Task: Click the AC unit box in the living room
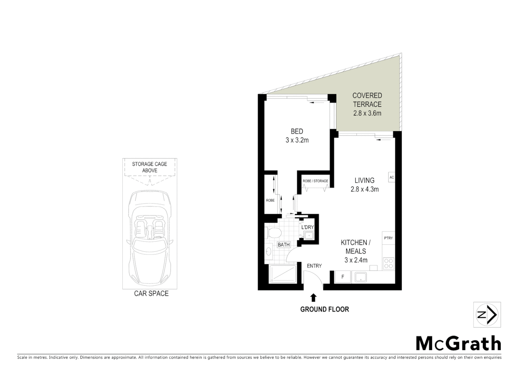coord(392,177)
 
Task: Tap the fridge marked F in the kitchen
coord(343,277)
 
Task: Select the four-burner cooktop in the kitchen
coord(388,263)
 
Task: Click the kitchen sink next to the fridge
coord(360,277)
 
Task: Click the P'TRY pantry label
coord(388,238)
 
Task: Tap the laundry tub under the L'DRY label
coord(309,235)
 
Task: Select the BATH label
coord(284,245)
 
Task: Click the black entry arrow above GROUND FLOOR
coord(314,298)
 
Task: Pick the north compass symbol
coord(487,315)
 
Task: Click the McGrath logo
coord(458,343)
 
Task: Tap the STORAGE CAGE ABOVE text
coord(150,167)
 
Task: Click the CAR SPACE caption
coord(151,293)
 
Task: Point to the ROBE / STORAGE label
coord(315,181)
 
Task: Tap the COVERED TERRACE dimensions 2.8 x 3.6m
coord(367,113)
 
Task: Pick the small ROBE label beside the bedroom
coord(270,200)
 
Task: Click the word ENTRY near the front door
coord(314,266)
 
